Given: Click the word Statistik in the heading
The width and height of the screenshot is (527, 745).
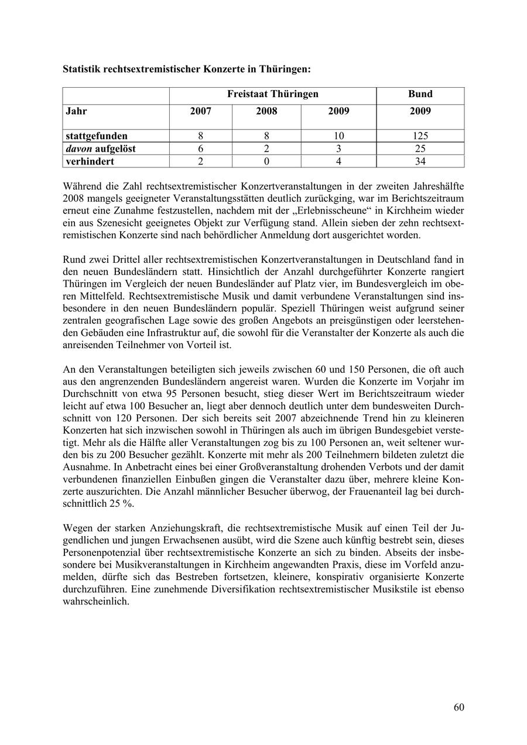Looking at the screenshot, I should tap(81, 69).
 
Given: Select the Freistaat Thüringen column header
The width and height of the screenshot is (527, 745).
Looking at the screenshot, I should tap(273, 94).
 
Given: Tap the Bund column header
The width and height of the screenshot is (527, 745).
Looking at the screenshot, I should tap(420, 94).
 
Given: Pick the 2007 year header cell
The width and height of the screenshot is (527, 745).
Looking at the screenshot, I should tap(201, 111).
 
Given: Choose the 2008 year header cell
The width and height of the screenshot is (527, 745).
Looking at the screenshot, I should tap(266, 111).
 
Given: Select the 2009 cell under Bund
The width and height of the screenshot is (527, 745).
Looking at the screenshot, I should tap(420, 111).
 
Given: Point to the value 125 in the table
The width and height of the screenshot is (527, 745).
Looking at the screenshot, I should tap(420, 136).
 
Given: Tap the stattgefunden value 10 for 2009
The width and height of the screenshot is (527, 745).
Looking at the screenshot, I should tap(338, 136).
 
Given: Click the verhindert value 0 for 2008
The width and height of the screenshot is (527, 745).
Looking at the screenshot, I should tap(266, 161).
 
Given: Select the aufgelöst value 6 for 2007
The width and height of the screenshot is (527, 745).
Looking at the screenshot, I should tap(201, 149).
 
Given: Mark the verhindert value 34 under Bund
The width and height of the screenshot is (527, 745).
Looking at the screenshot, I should tap(420, 161).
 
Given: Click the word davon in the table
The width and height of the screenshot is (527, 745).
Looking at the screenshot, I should tap(77, 149).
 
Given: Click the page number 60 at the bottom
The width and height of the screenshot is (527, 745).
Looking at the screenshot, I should tap(458, 708).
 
